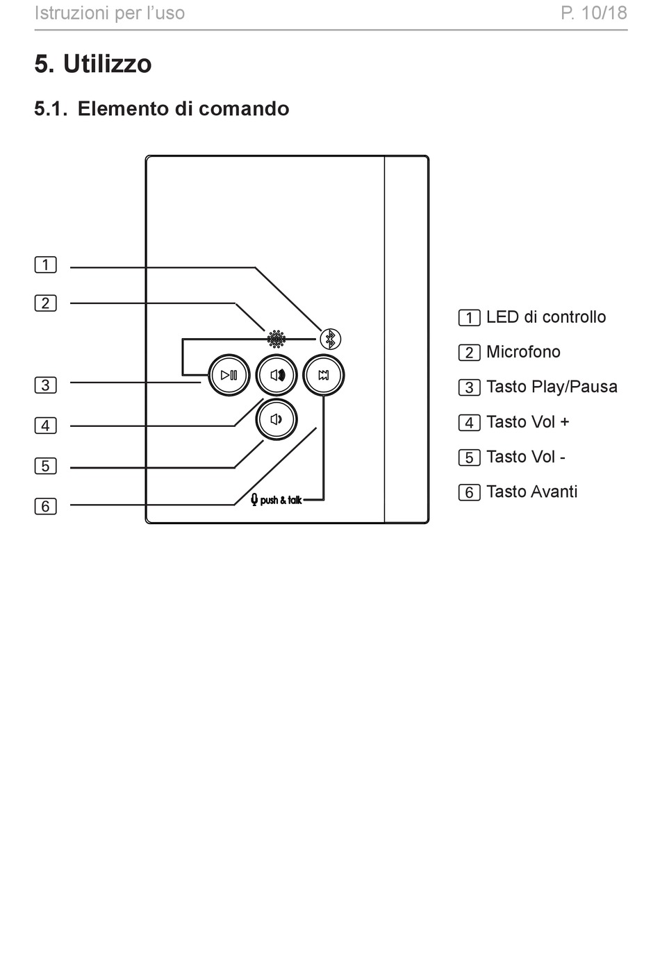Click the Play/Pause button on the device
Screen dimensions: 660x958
pyautogui.click(x=229, y=375)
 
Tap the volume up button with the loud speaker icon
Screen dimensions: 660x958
pyautogui.click(x=277, y=375)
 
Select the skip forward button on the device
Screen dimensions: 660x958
pyautogui.click(x=324, y=375)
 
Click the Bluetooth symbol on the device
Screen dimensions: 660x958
pyautogui.click(x=330, y=339)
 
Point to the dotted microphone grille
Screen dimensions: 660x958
pyautogui.click(x=277, y=339)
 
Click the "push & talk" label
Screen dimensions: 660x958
pyautogui.click(x=281, y=500)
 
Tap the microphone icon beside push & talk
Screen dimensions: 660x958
pyautogui.click(x=254, y=500)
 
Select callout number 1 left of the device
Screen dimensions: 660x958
pyautogui.click(x=45, y=264)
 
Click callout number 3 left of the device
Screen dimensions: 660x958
pyautogui.click(x=45, y=385)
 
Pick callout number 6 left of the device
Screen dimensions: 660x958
pyautogui.click(x=45, y=506)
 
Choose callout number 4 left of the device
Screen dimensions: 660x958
pyautogui.click(x=45, y=426)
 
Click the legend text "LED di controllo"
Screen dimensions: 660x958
pyautogui.click(x=546, y=317)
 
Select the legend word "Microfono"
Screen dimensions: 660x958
pyautogui.click(x=523, y=352)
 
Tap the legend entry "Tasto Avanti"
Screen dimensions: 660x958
pyautogui.click(x=532, y=491)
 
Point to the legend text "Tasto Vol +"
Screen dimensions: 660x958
pyautogui.click(x=528, y=422)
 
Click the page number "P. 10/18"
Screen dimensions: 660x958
pyautogui.click(x=594, y=13)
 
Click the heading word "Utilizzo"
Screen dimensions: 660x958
pyautogui.click(x=108, y=64)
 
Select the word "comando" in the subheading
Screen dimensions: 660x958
pyautogui.click(x=244, y=108)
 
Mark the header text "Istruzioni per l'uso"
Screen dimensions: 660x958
pyautogui.click(x=110, y=13)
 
